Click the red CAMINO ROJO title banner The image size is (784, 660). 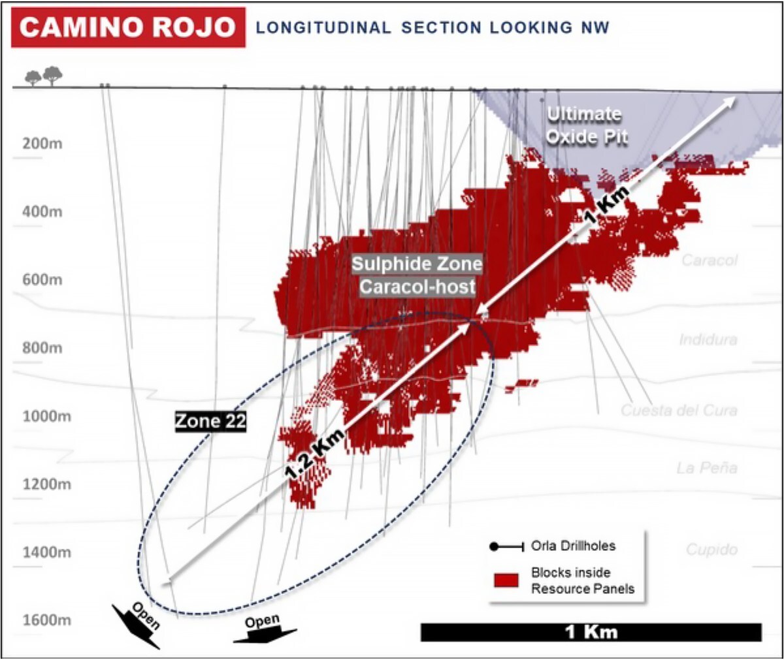tap(128, 27)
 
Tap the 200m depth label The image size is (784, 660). tap(42, 144)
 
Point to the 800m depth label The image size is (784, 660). tap(42, 348)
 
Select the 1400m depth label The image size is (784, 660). tap(46, 552)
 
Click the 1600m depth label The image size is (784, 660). tap(46, 620)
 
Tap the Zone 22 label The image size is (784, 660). tap(210, 421)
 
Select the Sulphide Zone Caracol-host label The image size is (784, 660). tap(417, 275)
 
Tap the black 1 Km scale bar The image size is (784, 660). tap(591, 632)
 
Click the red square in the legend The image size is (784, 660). tap(506, 580)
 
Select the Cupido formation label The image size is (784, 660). tap(711, 550)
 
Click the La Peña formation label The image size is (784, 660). tap(707, 468)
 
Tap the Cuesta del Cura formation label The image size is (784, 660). tap(679, 411)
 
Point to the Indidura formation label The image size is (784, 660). tap(708, 339)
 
